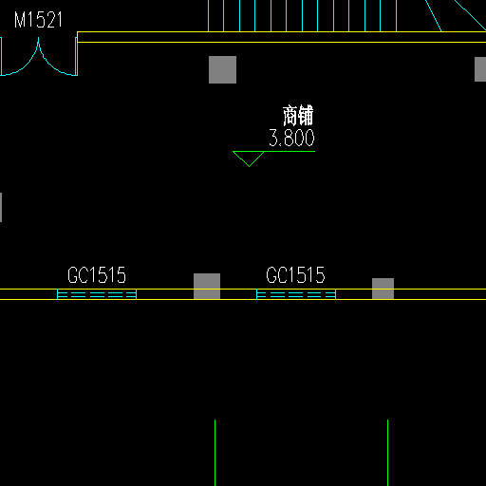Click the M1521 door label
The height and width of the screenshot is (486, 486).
click(x=38, y=20)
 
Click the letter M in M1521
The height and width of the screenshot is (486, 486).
click(x=20, y=20)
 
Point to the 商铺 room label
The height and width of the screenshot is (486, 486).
click(x=298, y=115)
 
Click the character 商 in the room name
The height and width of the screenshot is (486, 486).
click(x=290, y=116)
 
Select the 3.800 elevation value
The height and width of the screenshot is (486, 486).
click(x=291, y=138)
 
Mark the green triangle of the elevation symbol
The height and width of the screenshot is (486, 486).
click(x=249, y=159)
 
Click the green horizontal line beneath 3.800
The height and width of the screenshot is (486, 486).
click(x=274, y=152)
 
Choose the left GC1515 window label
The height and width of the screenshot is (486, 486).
click(x=97, y=274)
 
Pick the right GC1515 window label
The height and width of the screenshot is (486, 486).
click(x=295, y=274)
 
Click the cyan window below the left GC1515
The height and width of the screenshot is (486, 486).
click(x=97, y=294)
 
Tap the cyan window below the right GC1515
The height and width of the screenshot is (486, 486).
click(x=296, y=294)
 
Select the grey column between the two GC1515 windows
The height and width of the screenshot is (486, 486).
click(x=207, y=286)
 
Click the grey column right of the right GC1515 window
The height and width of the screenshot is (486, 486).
click(x=383, y=289)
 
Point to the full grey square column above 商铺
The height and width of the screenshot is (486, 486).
click(x=222, y=69)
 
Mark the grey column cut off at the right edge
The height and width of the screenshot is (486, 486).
click(x=480, y=69)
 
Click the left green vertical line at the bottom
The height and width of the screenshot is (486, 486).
click(x=215, y=453)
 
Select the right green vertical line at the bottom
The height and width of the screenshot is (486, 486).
click(x=388, y=453)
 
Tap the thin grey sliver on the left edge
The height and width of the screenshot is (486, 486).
click(x=1, y=207)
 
